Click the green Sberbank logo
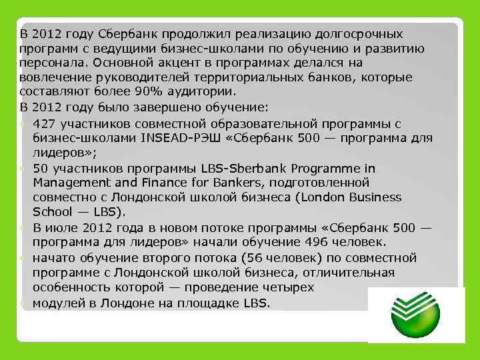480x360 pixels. (417, 315)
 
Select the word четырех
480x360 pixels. (278, 287)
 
